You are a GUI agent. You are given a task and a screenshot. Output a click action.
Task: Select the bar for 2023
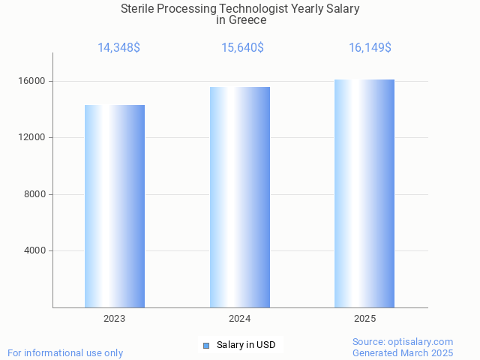[x=115, y=206]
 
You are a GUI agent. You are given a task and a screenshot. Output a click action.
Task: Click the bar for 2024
[x=240, y=197]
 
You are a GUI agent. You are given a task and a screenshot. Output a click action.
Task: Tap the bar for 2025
[x=364, y=193]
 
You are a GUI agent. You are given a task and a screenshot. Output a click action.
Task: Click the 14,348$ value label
[x=118, y=48]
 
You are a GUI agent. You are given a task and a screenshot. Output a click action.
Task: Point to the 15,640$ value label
[x=242, y=48]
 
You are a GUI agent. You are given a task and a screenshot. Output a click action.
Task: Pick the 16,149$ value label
[x=370, y=48]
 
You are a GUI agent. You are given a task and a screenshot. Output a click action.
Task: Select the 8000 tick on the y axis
[x=34, y=194]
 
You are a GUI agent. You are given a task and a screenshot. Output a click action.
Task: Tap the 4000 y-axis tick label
[x=34, y=250]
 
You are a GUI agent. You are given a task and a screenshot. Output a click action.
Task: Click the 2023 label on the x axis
[x=115, y=319]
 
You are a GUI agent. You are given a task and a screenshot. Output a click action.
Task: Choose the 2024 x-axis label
[x=240, y=319]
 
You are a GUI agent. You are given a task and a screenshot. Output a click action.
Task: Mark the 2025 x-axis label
[x=364, y=319]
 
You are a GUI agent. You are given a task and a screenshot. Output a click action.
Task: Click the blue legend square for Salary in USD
[x=206, y=346]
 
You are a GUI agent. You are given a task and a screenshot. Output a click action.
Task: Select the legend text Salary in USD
[x=246, y=345]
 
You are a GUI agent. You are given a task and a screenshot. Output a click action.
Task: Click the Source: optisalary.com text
[x=403, y=341]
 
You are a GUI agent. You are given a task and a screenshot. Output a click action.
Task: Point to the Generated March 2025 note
[x=403, y=352]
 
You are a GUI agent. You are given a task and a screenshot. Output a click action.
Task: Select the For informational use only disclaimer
[x=65, y=352]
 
